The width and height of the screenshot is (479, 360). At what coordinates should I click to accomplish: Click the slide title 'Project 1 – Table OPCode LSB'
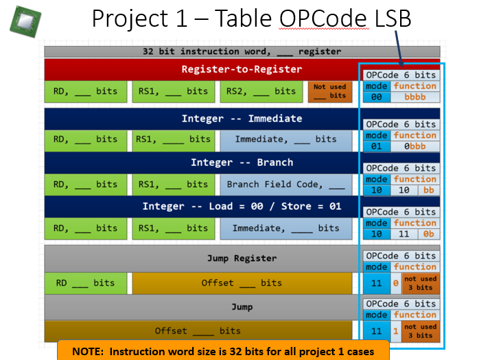pyautogui.click(x=251, y=19)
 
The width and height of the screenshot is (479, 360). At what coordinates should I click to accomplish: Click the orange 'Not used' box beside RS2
pyautogui.click(x=329, y=91)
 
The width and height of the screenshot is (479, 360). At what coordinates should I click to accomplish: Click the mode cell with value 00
pyautogui.click(x=376, y=97)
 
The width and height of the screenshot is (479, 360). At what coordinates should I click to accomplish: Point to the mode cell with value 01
pyautogui.click(x=376, y=147)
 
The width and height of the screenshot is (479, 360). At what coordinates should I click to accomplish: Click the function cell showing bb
pyautogui.click(x=428, y=191)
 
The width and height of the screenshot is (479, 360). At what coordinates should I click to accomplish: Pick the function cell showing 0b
pyautogui.click(x=428, y=235)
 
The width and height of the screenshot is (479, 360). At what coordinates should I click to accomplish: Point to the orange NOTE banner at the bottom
pyautogui.click(x=223, y=351)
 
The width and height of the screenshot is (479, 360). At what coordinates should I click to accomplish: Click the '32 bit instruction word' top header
pyautogui.click(x=242, y=51)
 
